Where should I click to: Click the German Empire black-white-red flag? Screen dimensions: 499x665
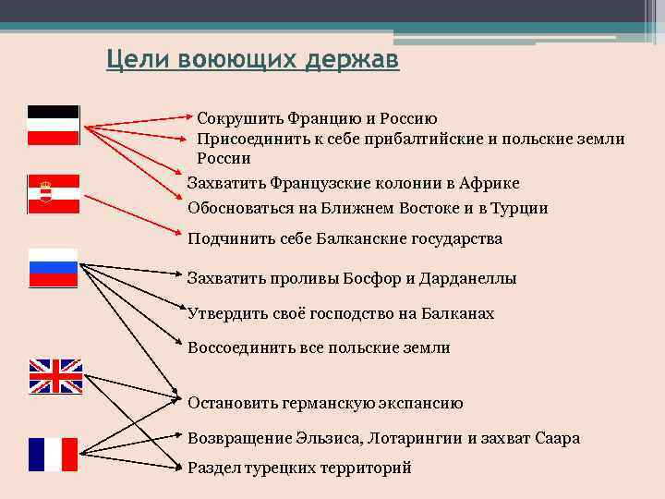point(54,125)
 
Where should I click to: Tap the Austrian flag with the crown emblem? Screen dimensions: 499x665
point(54,193)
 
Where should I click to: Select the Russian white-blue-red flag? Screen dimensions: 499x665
point(54,268)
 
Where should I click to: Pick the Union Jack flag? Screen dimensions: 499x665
point(55,377)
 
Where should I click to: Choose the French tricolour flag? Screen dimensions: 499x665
point(53,455)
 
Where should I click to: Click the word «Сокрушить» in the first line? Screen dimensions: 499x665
point(235,119)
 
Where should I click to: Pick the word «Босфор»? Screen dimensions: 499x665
point(383,278)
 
